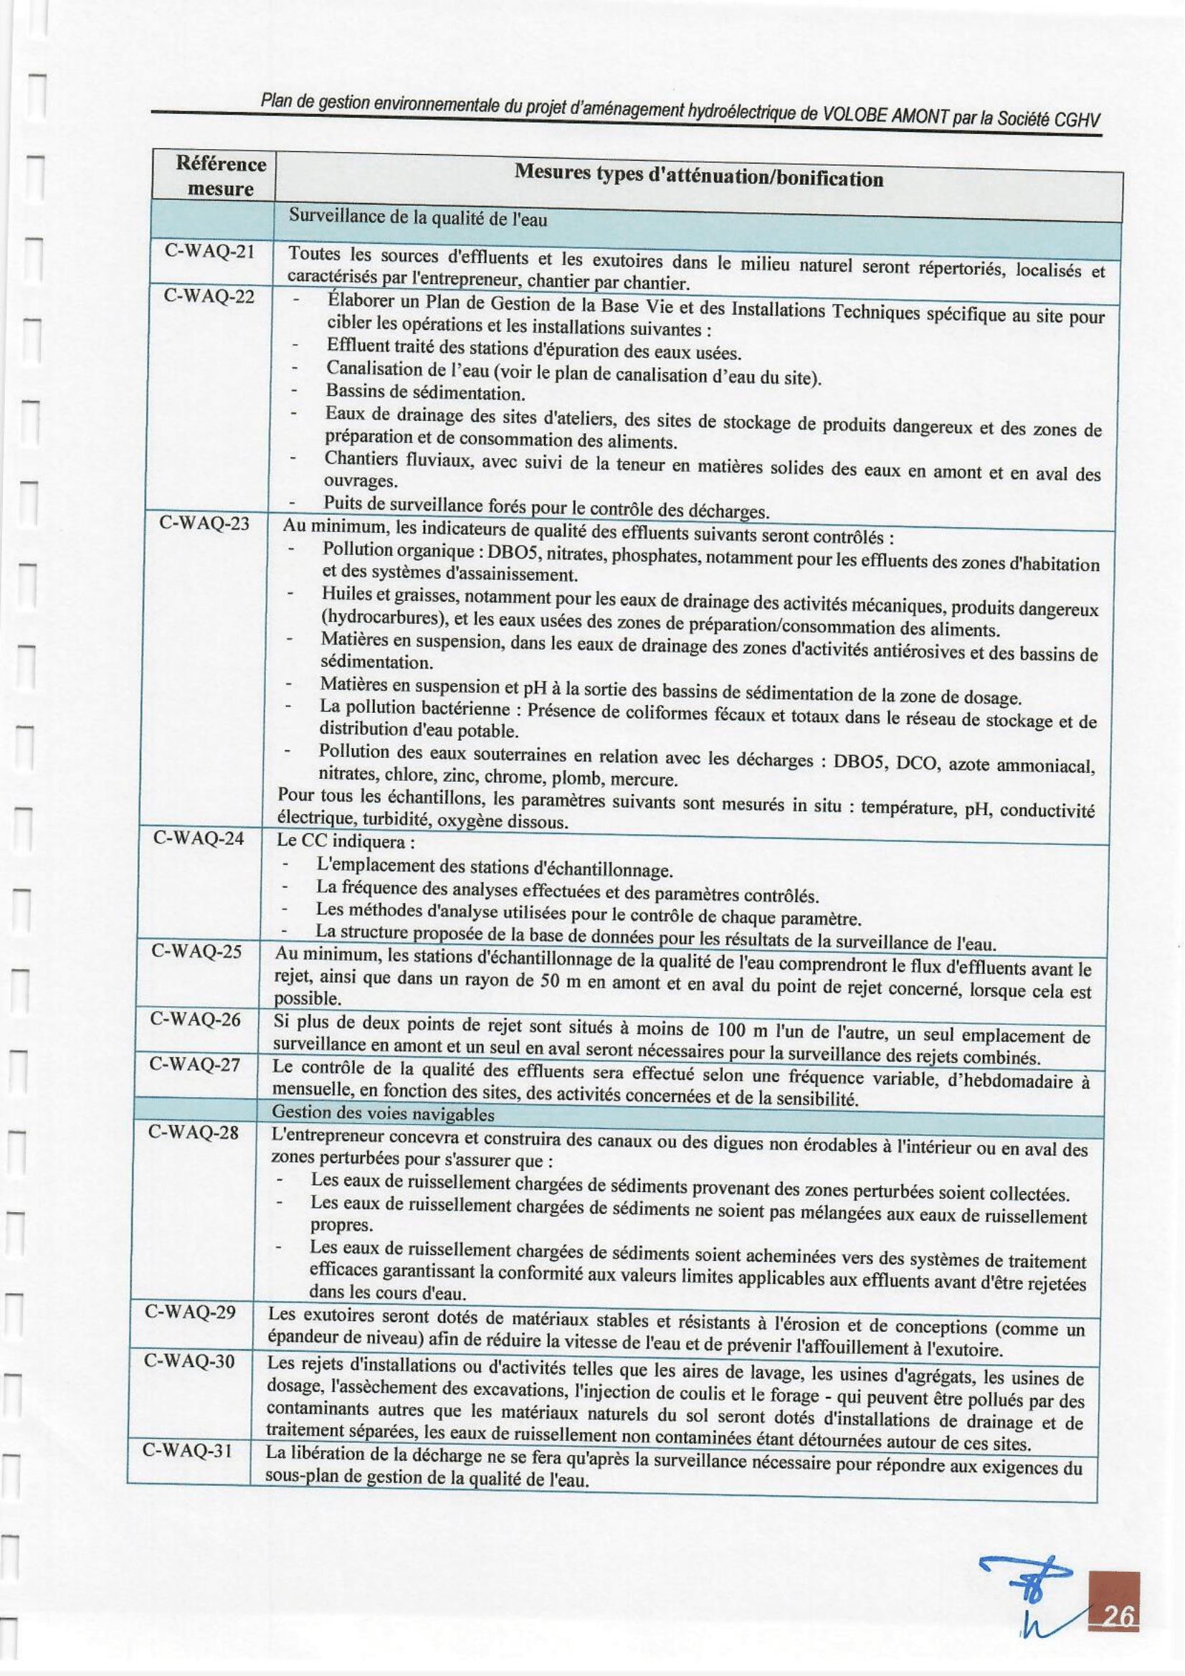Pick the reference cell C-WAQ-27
[x=194, y=1064]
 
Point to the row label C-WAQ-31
[x=188, y=1449]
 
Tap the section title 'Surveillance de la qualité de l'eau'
[x=417, y=217]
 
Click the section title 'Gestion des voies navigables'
[x=382, y=1114]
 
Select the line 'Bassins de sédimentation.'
[x=425, y=394]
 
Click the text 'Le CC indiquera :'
[x=345, y=841]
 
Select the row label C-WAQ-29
[x=191, y=1312]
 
